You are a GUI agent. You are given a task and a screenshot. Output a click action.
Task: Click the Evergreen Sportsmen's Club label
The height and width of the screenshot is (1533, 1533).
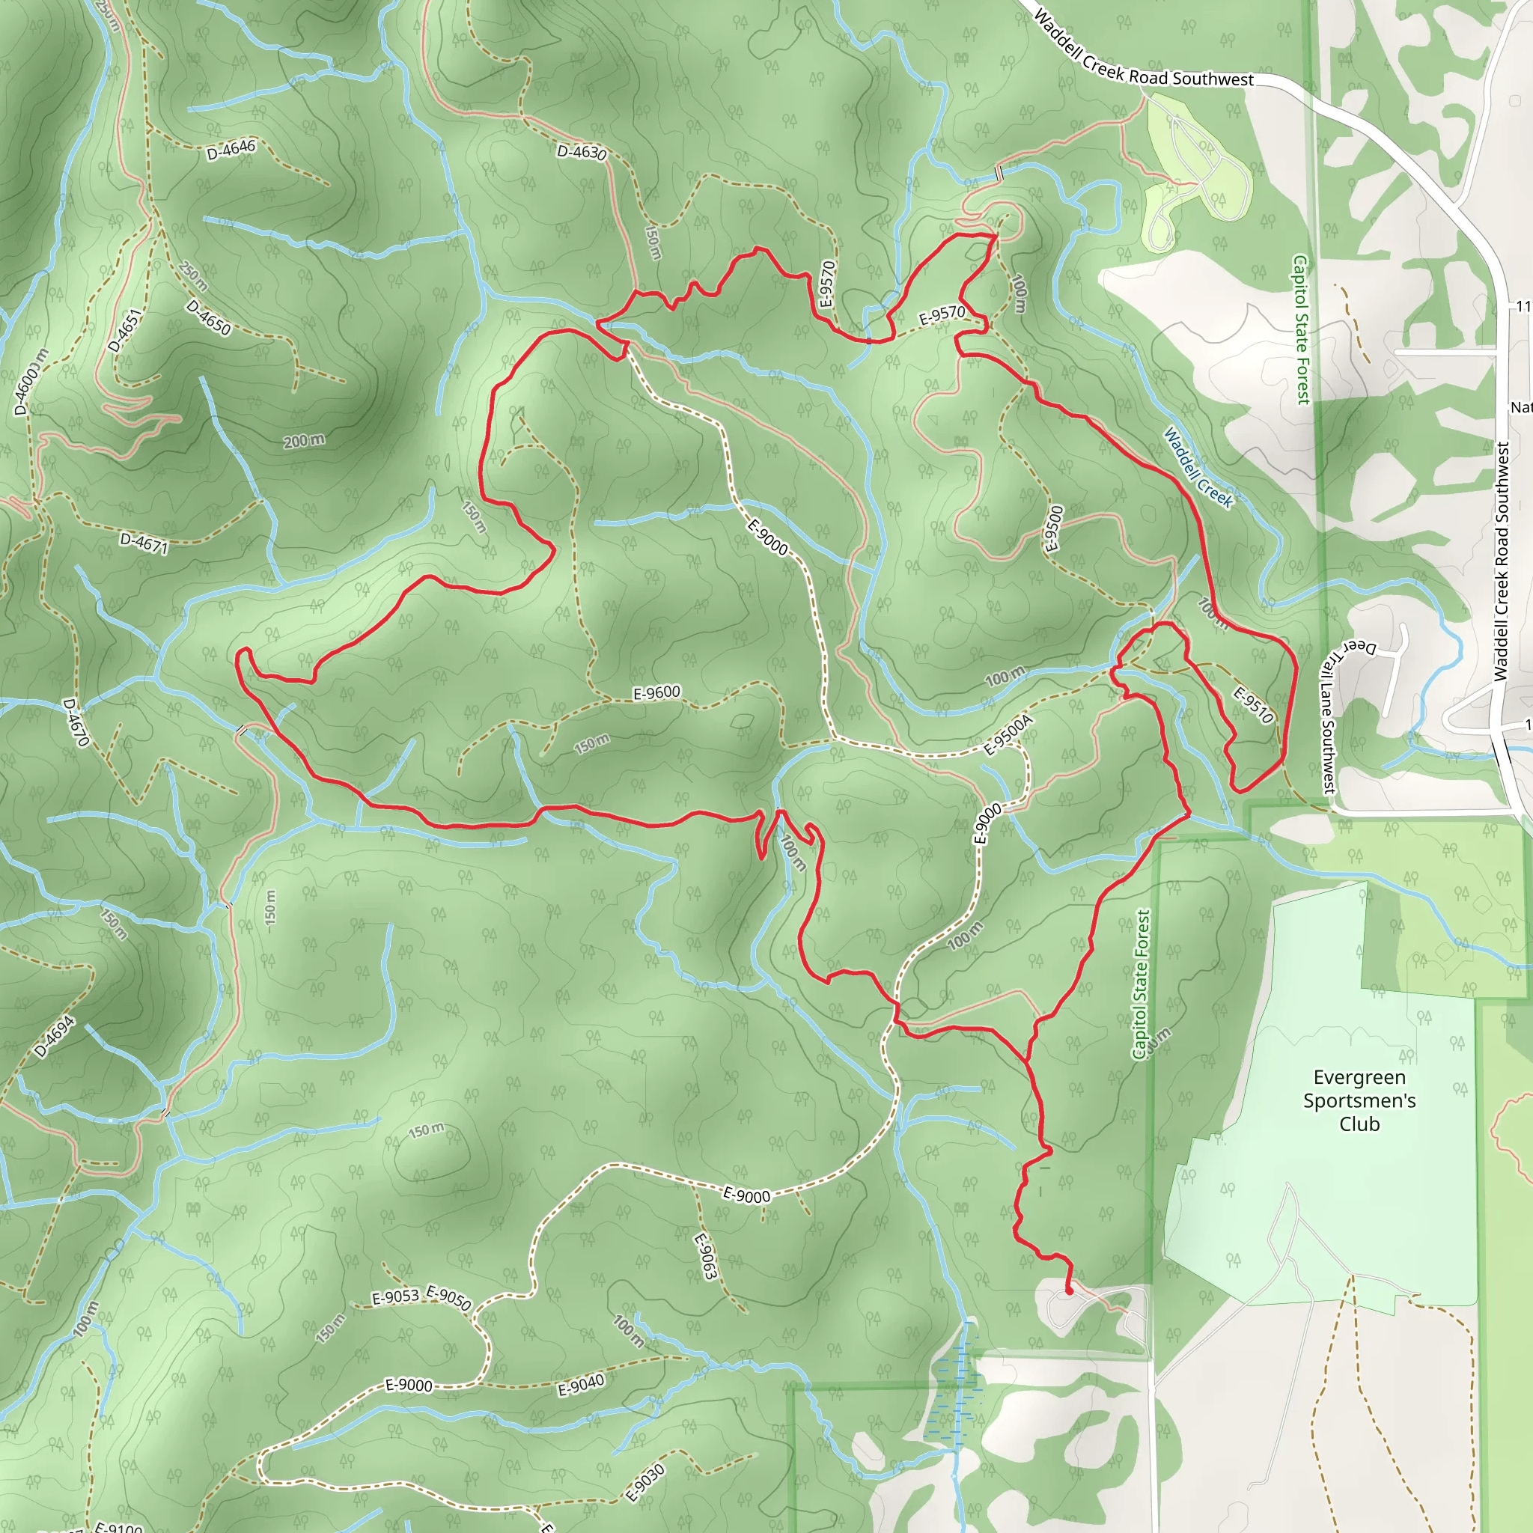point(1359,1100)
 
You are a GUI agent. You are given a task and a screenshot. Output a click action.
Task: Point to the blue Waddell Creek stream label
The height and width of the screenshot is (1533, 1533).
point(1198,467)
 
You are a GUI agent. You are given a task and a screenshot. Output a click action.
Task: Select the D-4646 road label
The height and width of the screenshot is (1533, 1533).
point(231,148)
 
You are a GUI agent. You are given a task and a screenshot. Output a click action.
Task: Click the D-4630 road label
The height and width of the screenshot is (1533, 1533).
point(582,151)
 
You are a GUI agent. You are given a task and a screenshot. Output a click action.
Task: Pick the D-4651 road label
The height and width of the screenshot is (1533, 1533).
point(124,330)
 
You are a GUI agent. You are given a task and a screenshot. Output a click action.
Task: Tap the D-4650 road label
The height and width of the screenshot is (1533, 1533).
point(209,317)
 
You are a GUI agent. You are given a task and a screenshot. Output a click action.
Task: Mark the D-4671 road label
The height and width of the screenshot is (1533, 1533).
point(144,543)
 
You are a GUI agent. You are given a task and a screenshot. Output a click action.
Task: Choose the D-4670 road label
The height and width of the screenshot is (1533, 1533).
point(76,722)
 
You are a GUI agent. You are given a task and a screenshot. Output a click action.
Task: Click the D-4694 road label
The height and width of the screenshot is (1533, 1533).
point(55,1037)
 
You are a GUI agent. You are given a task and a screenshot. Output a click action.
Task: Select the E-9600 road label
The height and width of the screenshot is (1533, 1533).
point(656,692)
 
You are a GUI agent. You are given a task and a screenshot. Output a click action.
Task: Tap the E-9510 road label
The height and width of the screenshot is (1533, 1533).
point(1253,705)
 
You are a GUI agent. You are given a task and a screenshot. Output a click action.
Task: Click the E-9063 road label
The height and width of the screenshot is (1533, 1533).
point(705,1256)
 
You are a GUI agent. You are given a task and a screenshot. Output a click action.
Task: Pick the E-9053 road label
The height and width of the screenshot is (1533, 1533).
point(395,1297)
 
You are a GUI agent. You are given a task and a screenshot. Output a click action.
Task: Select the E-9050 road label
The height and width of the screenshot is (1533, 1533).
point(449,1298)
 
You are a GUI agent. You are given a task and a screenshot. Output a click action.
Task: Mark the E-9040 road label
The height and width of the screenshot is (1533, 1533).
point(581,1386)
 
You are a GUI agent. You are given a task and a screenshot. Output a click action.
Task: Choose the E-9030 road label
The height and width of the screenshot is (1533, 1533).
point(645,1482)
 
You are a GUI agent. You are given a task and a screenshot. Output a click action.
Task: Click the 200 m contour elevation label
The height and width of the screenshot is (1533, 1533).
point(304,440)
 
